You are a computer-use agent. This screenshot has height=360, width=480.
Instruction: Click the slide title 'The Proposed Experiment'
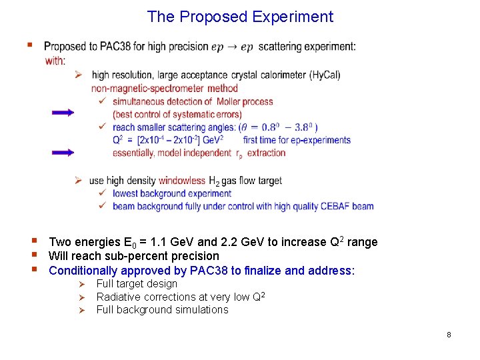coord(240,17)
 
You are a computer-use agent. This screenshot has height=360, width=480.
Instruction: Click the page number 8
coord(449,335)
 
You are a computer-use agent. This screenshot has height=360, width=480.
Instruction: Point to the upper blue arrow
coord(63,113)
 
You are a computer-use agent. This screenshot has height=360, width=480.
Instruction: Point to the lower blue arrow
coord(63,153)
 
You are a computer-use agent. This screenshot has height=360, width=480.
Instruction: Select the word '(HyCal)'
coord(325,75)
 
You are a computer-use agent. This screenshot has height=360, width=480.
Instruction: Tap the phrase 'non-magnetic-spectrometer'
coord(148,88)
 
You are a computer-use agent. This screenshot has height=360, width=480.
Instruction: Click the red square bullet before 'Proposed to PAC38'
coord(29,45)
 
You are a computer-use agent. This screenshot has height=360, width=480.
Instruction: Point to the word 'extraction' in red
coord(266,153)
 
